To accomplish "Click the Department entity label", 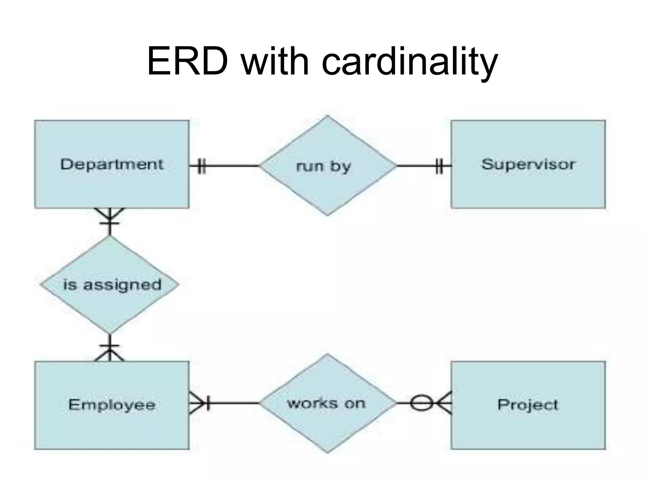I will coord(112,164).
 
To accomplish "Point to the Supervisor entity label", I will coord(528,164).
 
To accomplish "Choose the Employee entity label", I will coord(112,405).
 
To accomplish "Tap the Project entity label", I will coord(528,405).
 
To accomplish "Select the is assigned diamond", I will coord(110,285).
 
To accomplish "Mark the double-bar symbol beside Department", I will coord(202,166).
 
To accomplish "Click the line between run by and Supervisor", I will coord(416,166).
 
